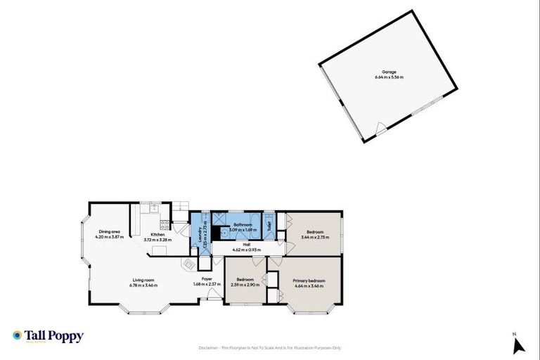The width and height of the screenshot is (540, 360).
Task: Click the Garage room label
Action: tap(389, 72)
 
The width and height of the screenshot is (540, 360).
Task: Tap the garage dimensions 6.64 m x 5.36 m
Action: tap(389, 77)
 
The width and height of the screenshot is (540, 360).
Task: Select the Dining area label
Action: tap(110, 231)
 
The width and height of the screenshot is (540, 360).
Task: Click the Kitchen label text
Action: tap(157, 235)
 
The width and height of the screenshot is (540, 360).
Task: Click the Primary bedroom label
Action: tap(309, 281)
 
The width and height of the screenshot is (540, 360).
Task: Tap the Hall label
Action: tap(246, 245)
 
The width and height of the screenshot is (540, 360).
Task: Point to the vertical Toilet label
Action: tap(269, 226)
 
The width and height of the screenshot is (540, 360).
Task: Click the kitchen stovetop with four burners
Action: tap(165, 225)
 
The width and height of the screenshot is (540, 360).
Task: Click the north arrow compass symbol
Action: tap(519, 345)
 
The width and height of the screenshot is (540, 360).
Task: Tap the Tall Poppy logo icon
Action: tap(18, 336)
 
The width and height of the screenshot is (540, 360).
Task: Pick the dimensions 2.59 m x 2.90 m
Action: tap(245, 285)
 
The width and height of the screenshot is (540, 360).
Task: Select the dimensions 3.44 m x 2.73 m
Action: tap(315, 237)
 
